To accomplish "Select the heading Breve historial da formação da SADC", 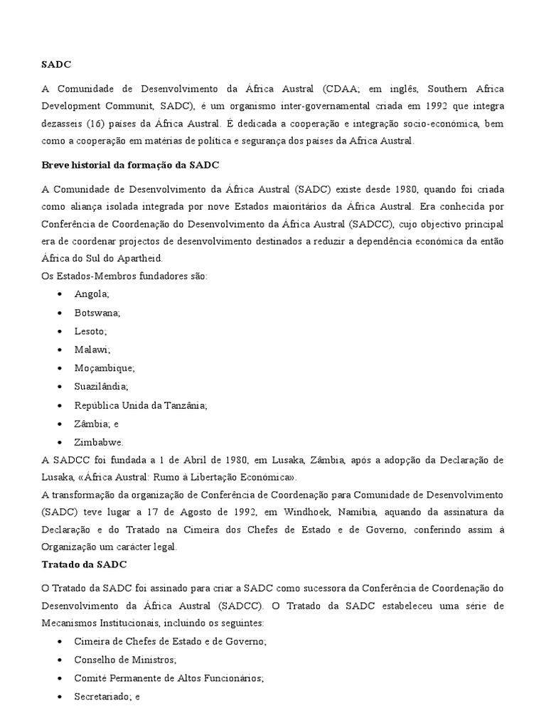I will tap(131, 165).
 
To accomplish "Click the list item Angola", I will tap(92, 294).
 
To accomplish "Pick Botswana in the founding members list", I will tap(97, 312).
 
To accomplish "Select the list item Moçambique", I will tap(104, 368).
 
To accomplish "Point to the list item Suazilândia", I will tap(101, 386).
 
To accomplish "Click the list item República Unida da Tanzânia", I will tap(140, 405).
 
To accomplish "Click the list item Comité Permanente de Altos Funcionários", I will tap(168, 678).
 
